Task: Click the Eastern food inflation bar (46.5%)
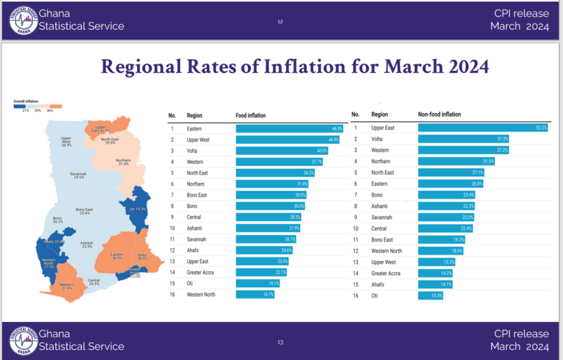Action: point(290,129)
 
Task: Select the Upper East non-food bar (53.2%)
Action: point(483,128)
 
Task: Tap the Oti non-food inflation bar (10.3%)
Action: point(430,296)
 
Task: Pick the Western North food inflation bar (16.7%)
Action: point(255,295)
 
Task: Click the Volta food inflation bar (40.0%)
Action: point(282,151)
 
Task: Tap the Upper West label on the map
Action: point(67,141)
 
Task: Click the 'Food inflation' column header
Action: point(250,115)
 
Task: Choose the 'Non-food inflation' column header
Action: point(439,114)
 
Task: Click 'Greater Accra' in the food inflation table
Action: point(200,273)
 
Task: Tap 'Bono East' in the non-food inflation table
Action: point(382,240)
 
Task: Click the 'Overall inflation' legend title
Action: point(25,101)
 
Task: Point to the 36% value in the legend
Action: point(49,111)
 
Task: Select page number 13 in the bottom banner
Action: point(280,342)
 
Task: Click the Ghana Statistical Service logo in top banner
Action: point(23,20)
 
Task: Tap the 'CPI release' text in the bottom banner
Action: point(521,334)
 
